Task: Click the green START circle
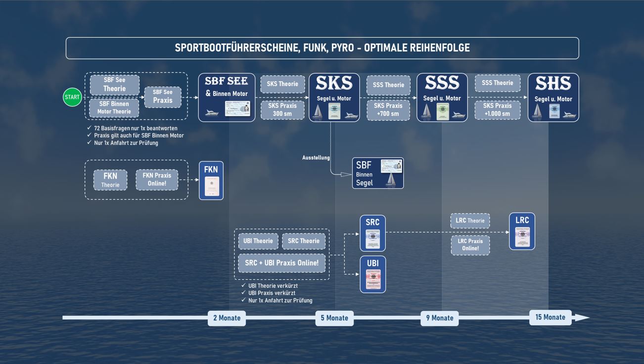(72, 97)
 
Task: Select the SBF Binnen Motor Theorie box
(114, 108)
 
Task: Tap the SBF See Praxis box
(163, 96)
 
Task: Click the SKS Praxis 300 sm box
(282, 110)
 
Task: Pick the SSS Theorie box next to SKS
(388, 85)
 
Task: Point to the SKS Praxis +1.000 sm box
(497, 110)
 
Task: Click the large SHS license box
(553, 97)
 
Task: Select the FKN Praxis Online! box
(157, 180)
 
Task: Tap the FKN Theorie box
(110, 180)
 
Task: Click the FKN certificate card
(211, 181)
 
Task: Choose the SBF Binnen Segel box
(378, 173)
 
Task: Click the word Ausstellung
(316, 158)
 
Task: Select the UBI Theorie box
(258, 241)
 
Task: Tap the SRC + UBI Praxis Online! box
(281, 263)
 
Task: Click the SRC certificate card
(372, 233)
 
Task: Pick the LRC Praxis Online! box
(470, 245)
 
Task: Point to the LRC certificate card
(522, 231)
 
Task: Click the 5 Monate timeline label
(334, 318)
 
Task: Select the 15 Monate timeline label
(550, 318)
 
